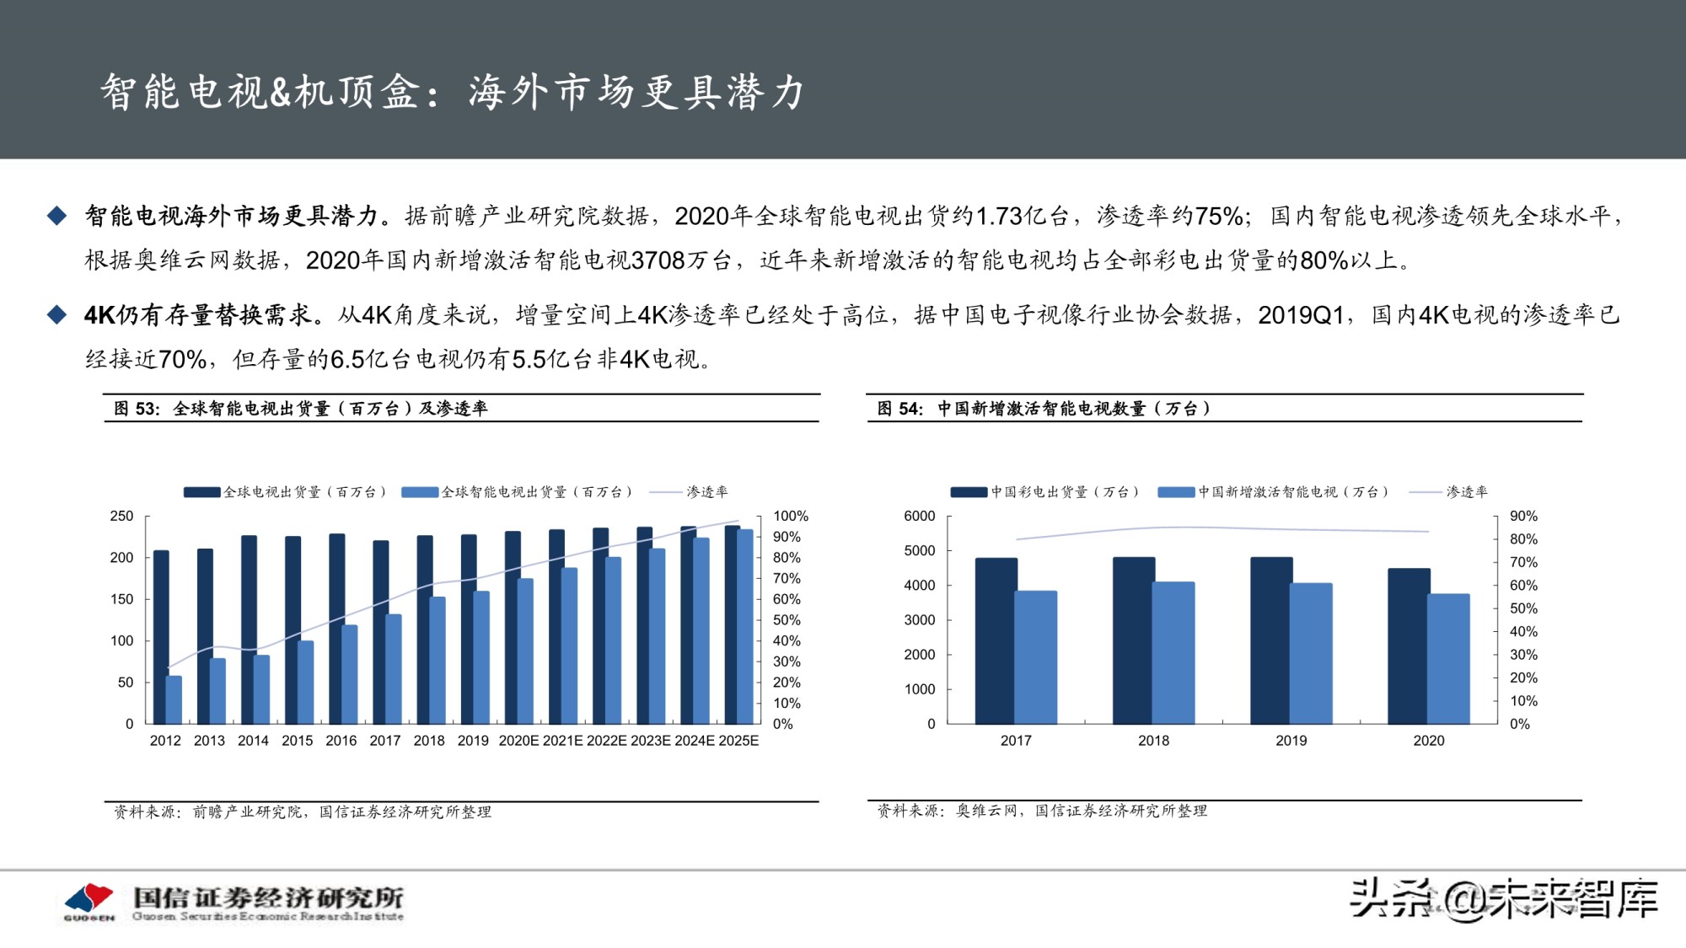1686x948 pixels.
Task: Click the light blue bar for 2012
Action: pyautogui.click(x=174, y=699)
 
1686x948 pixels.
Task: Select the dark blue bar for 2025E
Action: pyautogui.click(x=732, y=624)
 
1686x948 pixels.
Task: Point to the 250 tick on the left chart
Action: pyautogui.click(x=121, y=516)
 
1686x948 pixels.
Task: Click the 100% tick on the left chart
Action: pyautogui.click(x=790, y=516)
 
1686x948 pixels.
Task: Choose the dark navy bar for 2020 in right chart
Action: pyautogui.click(x=1408, y=645)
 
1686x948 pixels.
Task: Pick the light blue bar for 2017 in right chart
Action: pyautogui.click(x=1035, y=657)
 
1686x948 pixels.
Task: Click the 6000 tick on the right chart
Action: pyautogui.click(x=919, y=516)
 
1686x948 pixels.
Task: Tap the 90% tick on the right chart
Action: pyautogui.click(x=1523, y=516)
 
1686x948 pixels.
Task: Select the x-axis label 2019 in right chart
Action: pyautogui.click(x=1291, y=741)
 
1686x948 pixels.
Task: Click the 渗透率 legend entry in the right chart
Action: pyautogui.click(x=1466, y=492)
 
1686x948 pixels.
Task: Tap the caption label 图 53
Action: pyautogui.click(x=136, y=409)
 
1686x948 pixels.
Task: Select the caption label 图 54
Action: pyautogui.click(x=899, y=409)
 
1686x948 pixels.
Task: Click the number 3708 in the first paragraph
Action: pyautogui.click(x=658, y=260)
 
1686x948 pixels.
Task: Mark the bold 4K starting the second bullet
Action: pyautogui.click(x=99, y=315)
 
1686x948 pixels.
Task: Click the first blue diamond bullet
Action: pyautogui.click(x=56, y=217)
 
